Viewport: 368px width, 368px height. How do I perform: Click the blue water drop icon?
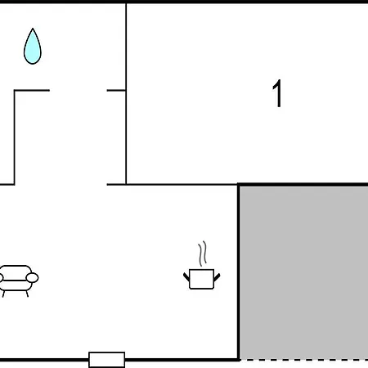click(33, 47)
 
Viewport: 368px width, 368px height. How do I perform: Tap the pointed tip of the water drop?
click(33, 29)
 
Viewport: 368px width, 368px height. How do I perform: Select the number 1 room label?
click(277, 93)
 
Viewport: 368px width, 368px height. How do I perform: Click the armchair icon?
click(17, 280)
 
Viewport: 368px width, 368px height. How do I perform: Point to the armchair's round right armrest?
click(32, 278)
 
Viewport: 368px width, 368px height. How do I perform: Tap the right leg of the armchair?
click(27, 294)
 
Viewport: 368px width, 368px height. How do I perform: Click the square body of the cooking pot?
click(201, 279)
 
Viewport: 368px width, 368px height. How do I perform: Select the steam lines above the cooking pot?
click(202, 254)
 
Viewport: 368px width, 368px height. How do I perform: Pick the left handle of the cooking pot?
click(186, 276)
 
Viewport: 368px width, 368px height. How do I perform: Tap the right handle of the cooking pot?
click(217, 277)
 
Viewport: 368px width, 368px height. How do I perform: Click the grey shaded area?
click(304, 272)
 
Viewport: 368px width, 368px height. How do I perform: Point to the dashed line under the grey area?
click(304, 360)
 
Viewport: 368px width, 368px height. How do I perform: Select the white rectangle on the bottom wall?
click(107, 360)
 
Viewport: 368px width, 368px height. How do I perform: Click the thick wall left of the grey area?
click(239, 272)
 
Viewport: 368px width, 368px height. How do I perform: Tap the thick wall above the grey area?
click(303, 185)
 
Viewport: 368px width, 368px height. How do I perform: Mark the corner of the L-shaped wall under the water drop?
click(15, 90)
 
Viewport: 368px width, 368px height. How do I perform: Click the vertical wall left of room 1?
click(126, 93)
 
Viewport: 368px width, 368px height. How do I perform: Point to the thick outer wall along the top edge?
click(184, 2)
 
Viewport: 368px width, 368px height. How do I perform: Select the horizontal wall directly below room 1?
click(182, 185)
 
